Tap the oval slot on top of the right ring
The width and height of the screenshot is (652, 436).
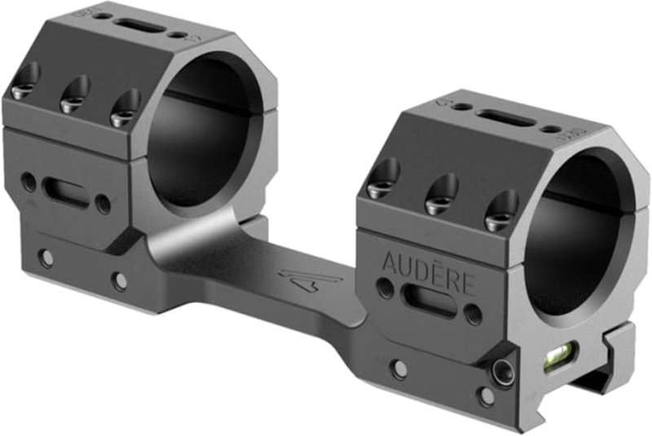(x=505, y=118)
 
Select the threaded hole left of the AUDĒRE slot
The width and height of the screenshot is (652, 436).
(x=383, y=286)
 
